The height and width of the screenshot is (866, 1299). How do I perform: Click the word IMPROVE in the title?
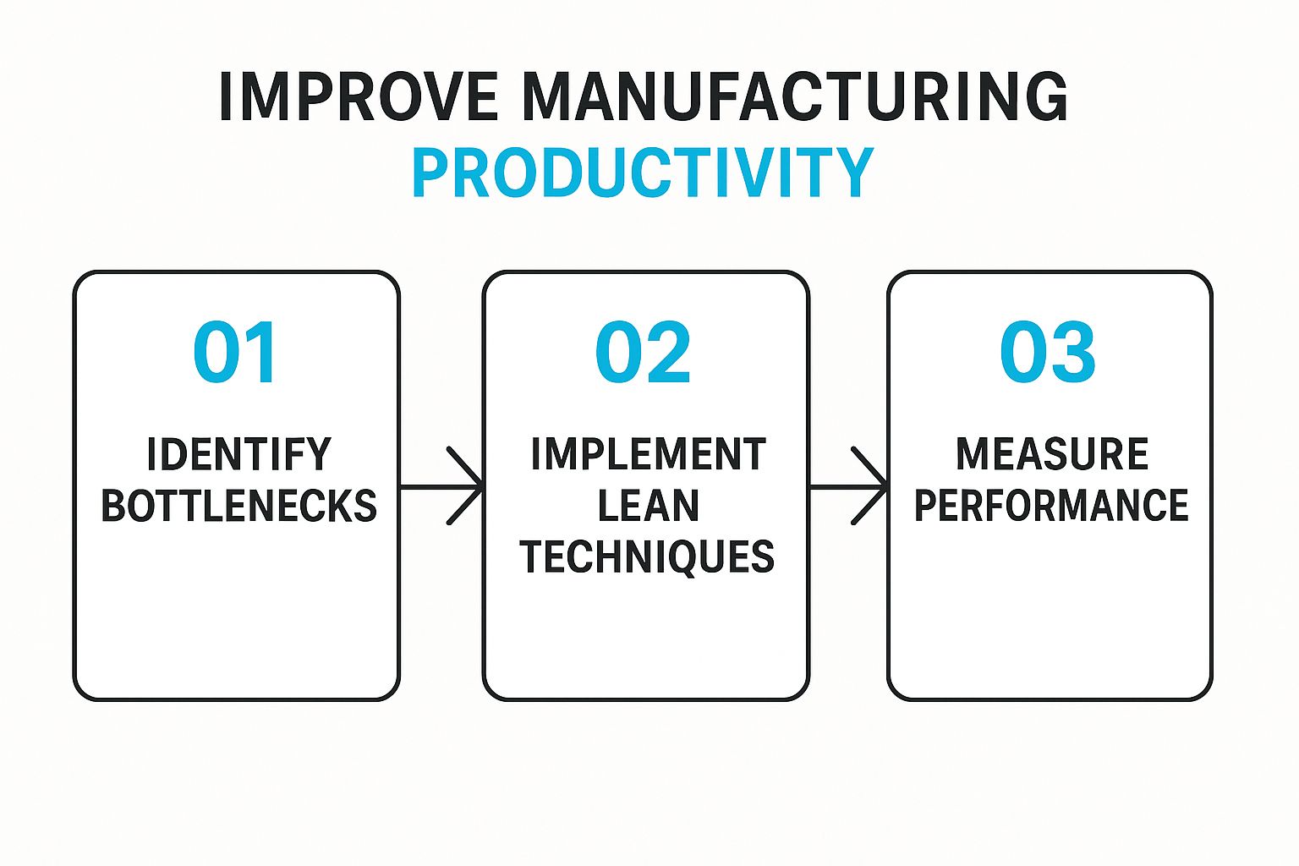coord(359,97)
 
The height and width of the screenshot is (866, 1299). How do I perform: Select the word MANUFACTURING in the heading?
coord(795,97)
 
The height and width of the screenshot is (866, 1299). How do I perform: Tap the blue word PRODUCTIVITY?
coord(643,173)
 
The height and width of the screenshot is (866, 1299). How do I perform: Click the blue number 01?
coord(234,352)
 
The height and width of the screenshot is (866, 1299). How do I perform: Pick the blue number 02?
coord(643,352)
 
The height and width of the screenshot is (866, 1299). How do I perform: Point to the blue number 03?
coord(1047,352)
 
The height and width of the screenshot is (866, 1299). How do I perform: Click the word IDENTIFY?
coord(239,454)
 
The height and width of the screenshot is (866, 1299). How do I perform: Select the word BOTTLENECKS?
coord(239,505)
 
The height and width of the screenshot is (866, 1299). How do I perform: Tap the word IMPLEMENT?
coord(649,454)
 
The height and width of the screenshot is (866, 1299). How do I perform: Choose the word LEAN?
coord(649,505)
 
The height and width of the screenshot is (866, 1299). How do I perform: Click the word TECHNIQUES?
coord(647,556)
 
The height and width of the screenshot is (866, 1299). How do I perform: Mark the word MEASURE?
coord(1052,454)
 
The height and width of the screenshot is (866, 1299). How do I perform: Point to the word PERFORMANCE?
coord(1051,505)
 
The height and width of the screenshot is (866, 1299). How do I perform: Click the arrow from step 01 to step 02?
coord(441,486)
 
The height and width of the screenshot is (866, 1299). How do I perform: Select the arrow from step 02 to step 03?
coord(848,486)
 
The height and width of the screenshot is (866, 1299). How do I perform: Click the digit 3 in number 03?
coord(1073,352)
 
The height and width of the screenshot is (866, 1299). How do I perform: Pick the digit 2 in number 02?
coord(668,352)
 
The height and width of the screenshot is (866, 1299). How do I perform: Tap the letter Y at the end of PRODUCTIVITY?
coord(853,173)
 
